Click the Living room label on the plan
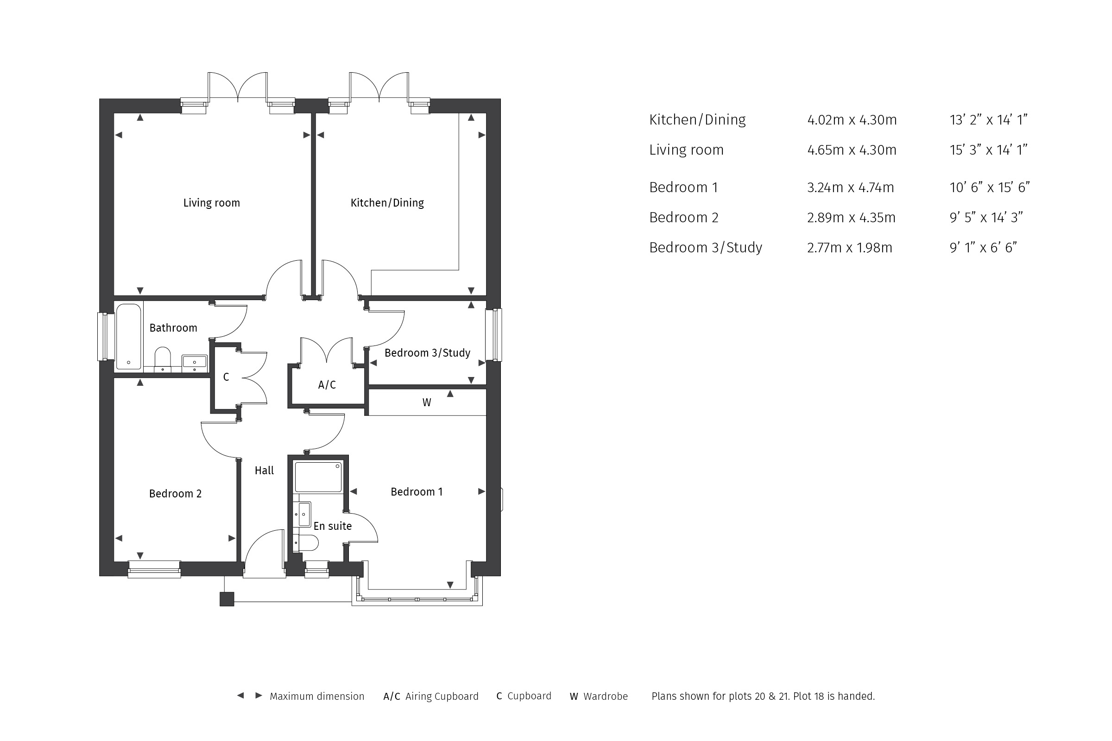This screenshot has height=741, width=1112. click(211, 203)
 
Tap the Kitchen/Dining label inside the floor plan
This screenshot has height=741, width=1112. click(387, 203)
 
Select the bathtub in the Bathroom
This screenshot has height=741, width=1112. click(129, 337)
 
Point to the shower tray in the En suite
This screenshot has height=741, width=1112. click(318, 477)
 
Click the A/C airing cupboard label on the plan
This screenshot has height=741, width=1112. click(327, 385)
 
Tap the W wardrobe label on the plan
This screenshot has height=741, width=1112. click(426, 402)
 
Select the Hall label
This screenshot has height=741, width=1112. click(264, 470)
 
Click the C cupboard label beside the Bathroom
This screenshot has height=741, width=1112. click(226, 377)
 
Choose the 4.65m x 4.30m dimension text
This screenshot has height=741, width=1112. click(852, 150)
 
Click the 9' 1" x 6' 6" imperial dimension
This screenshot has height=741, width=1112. click(983, 248)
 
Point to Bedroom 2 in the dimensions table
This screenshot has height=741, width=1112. click(684, 217)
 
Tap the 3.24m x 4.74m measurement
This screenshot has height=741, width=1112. click(851, 188)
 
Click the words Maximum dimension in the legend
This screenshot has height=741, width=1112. click(317, 696)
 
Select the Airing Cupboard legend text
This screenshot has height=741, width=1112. click(442, 697)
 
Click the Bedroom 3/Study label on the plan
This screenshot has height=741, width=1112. click(427, 353)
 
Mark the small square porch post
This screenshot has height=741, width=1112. click(227, 599)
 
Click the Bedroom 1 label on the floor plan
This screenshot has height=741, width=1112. click(417, 492)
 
